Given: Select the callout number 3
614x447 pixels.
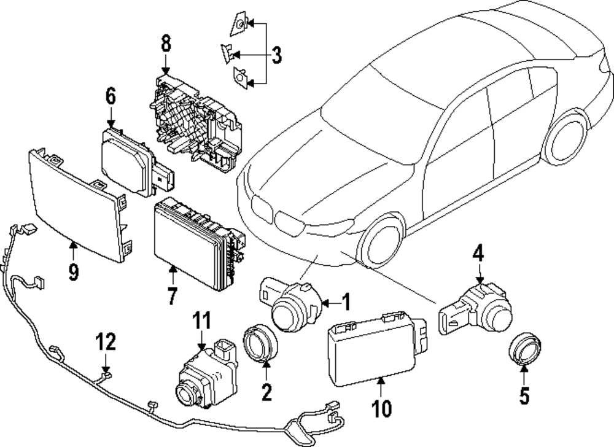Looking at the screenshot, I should (276, 55).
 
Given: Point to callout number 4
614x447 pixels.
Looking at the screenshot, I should (478, 253).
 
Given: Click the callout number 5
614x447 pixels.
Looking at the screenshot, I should (524, 395).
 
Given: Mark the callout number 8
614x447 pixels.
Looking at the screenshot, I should (166, 45).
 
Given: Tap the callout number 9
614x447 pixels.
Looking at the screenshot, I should (73, 271).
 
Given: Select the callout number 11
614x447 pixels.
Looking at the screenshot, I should (203, 322).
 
